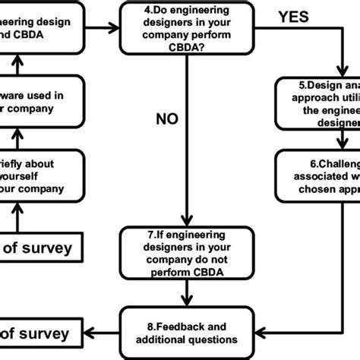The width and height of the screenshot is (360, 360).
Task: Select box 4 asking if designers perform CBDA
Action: click(185, 29)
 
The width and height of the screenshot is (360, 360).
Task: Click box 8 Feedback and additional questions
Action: click(185, 333)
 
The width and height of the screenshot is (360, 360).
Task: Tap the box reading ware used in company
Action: click(38, 102)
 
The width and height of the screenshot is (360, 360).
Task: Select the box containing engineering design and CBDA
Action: click(38, 29)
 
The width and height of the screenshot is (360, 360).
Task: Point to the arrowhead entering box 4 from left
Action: click(115, 28)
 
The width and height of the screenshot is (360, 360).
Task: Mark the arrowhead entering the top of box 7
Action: click(185, 221)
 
